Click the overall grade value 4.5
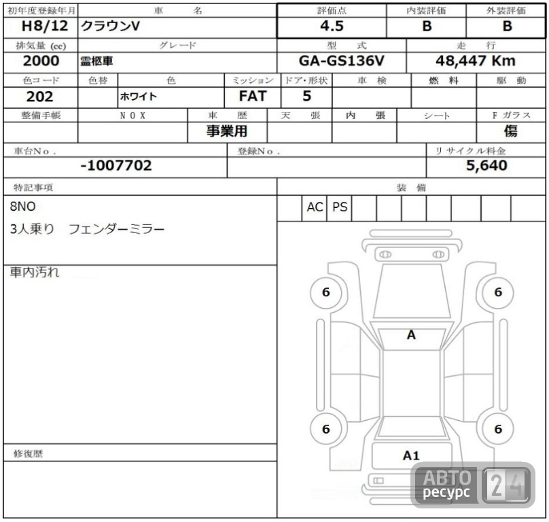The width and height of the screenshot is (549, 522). [332, 27]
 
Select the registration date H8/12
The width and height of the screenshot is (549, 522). [44, 26]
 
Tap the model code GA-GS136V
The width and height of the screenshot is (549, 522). [341, 61]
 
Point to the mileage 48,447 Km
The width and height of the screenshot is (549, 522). [476, 61]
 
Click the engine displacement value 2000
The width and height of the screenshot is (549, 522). [41, 61]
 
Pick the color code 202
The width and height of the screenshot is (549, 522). [39, 97]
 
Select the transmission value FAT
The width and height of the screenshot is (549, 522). [253, 96]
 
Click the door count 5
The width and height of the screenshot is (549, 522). [306, 96]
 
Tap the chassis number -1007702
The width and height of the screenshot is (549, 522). [116, 165]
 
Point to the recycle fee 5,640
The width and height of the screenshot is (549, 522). [486, 165]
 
